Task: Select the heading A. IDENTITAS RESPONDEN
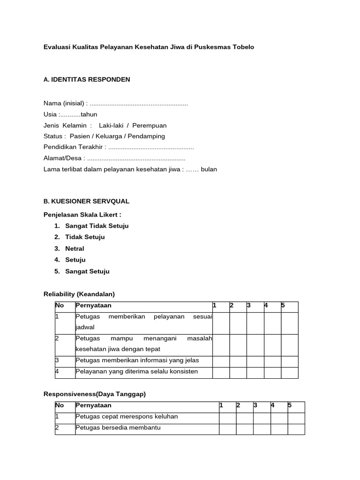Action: click(87, 80)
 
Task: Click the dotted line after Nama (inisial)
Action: click(139, 103)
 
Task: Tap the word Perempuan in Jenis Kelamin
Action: click(151, 126)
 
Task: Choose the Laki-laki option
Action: click(113, 126)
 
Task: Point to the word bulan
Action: click(209, 169)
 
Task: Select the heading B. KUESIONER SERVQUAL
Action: click(86, 202)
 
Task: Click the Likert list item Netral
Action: click(75, 249)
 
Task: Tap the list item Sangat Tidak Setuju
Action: click(97, 226)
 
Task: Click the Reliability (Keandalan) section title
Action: click(79, 294)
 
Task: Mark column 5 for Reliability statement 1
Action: click(289, 323)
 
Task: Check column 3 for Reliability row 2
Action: click(255, 345)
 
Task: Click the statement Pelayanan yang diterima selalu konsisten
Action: click(136, 372)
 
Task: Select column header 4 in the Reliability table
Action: click(266, 306)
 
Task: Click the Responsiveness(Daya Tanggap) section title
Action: click(95, 394)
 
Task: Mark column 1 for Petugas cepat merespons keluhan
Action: click(227, 417)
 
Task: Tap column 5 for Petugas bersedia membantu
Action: click(296, 428)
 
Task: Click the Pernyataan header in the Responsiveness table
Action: click(94, 405)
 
